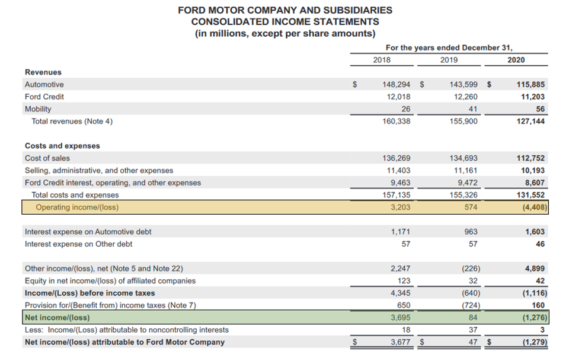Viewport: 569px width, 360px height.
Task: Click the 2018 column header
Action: point(382,59)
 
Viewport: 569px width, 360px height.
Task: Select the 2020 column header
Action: point(516,59)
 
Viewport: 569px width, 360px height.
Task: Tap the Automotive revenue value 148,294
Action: point(397,84)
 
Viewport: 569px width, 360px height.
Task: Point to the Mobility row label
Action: point(38,109)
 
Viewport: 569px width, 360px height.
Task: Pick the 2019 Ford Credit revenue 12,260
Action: point(465,97)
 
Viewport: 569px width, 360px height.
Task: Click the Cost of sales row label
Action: point(47,158)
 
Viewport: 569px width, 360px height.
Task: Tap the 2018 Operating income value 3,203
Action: point(400,208)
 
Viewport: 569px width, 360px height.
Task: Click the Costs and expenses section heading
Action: point(62,146)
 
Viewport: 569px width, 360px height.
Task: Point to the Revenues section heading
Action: point(43,72)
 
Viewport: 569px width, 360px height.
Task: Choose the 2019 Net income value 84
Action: point(472,318)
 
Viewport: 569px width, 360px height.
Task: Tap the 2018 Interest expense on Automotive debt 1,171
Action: point(400,232)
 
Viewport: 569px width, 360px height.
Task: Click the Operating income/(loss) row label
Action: point(77,208)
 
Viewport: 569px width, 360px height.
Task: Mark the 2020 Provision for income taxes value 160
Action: point(538,305)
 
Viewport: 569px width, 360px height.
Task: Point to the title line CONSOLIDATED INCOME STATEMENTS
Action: point(285,21)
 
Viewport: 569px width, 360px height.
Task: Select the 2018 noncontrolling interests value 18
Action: point(405,330)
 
